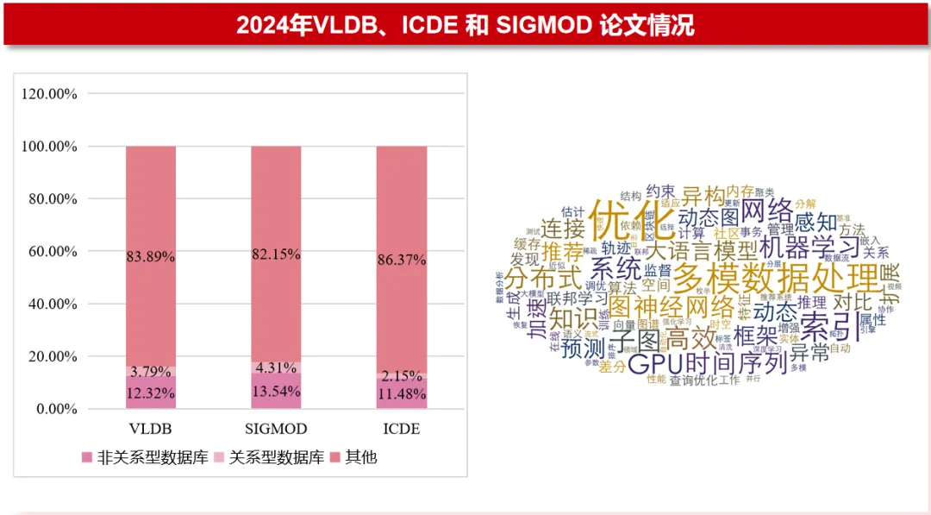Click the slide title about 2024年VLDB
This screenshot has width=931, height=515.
[x=465, y=25]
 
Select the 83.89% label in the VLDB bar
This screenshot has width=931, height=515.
[x=151, y=256]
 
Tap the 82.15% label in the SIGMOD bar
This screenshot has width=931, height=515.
[x=276, y=254]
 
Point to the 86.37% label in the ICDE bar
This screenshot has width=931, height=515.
[x=401, y=257]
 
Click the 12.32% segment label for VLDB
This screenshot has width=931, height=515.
[x=151, y=393]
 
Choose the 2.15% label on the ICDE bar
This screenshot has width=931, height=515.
[x=401, y=376]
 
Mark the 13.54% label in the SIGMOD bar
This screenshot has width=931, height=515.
[x=276, y=392]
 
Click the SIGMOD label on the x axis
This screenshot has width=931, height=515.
[x=276, y=429]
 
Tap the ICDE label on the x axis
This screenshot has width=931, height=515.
[x=401, y=429]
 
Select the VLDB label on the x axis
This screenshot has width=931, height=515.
[x=151, y=429]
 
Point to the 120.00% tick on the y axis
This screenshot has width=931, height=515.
[x=49, y=94]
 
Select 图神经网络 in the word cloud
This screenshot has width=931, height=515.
[x=672, y=307]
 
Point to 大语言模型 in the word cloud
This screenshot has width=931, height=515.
[x=700, y=251]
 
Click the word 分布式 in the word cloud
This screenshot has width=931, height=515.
[x=545, y=278]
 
